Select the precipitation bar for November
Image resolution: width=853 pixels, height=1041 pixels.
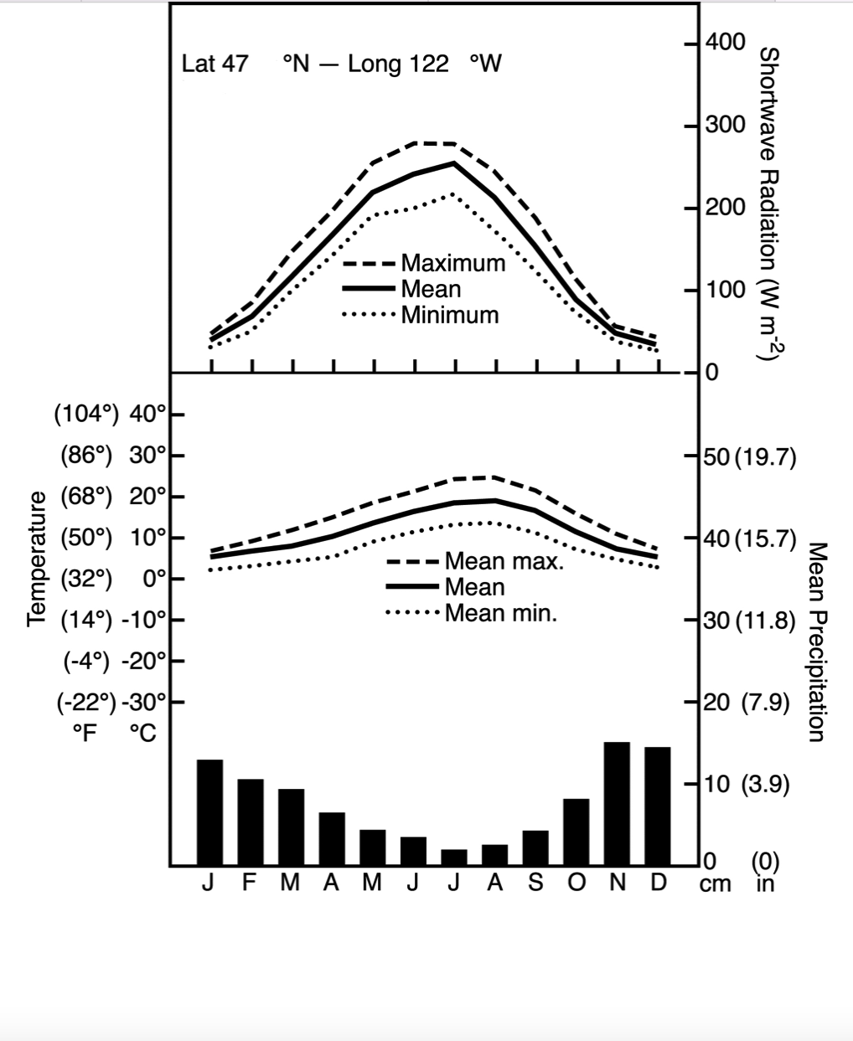coord(617,803)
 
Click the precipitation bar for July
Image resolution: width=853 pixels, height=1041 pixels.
coord(454,857)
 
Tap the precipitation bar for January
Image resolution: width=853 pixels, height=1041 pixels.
coord(209,812)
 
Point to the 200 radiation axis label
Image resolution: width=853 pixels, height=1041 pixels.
coord(726,207)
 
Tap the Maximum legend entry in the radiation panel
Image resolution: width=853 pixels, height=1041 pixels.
coord(452,263)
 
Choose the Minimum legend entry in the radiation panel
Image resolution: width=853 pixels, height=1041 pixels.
coord(449,315)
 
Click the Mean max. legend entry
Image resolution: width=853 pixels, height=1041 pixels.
coord(504,561)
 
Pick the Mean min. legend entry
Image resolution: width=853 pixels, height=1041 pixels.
coord(500,613)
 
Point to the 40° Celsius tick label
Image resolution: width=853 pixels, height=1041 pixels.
coord(149,414)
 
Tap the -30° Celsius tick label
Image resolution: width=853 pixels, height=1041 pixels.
coord(145,702)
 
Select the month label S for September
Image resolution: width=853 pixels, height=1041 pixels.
coord(535,884)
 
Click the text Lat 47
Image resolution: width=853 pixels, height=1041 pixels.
coord(215,64)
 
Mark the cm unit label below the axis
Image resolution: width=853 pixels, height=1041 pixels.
coord(715,884)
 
